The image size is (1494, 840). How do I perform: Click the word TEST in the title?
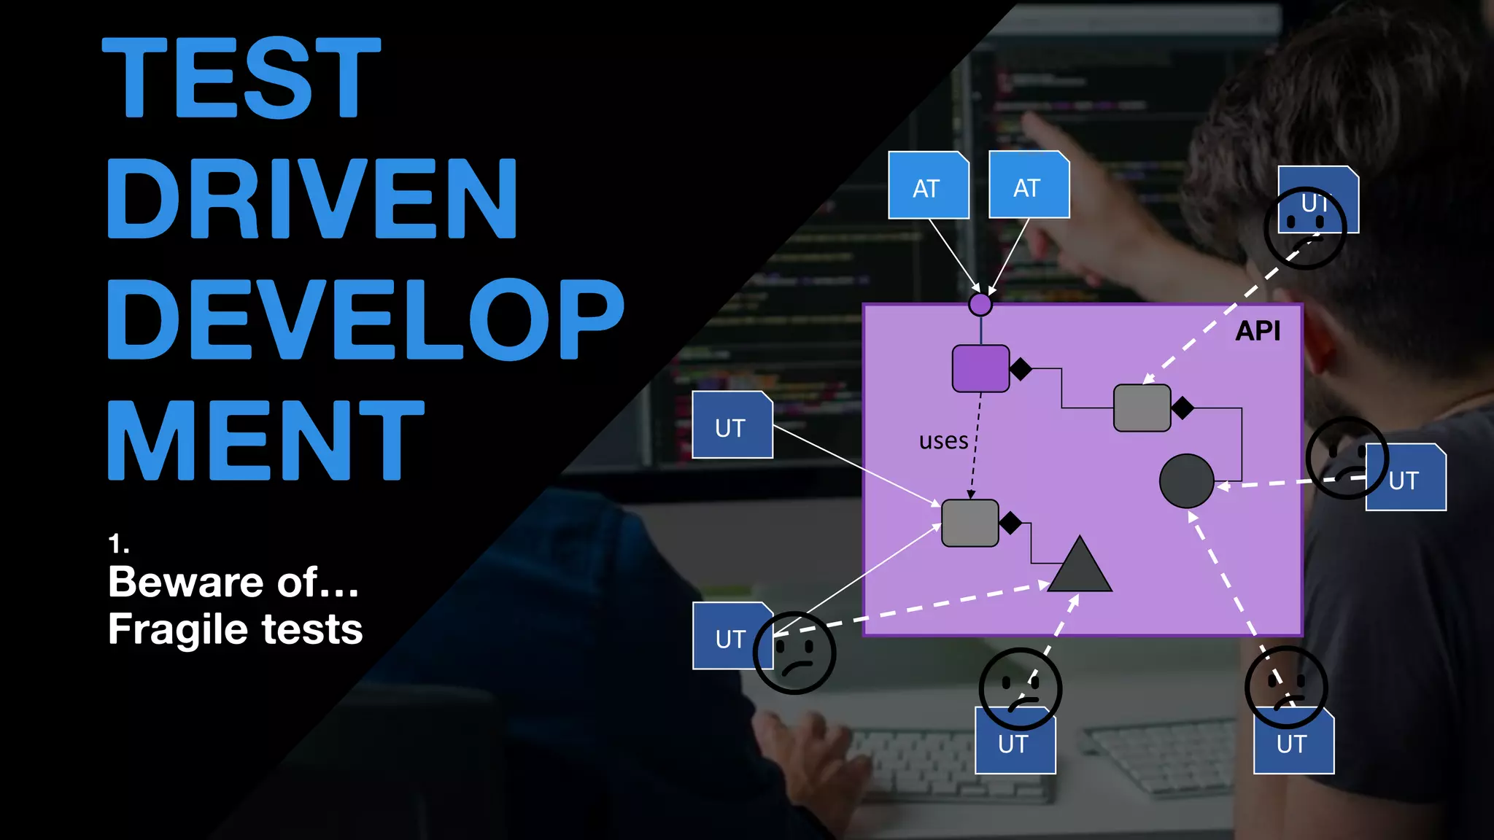tap(241, 77)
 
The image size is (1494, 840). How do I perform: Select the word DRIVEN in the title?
tap(312, 198)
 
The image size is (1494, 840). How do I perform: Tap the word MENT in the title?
tap(266, 440)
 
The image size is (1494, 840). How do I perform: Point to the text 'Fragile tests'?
tap(235, 629)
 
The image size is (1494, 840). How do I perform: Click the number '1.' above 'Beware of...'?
tap(119, 543)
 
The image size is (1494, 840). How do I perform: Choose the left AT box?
tap(928, 186)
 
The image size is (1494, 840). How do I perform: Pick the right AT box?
tap(1029, 185)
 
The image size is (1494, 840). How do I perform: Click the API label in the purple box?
tap(1258, 331)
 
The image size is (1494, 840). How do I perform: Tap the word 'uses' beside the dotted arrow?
tap(943, 441)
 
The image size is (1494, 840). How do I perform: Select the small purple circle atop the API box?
tap(980, 304)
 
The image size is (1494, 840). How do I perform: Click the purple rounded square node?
tap(980, 369)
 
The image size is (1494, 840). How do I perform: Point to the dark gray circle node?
tap(1186, 481)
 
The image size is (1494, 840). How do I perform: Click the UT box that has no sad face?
tap(732, 425)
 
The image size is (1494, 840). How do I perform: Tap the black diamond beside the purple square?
tap(1021, 369)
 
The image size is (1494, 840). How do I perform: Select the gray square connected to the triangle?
tap(969, 523)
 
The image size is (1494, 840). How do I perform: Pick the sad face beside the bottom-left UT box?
tap(794, 653)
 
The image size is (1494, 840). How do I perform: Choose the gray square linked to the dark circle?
tap(1142, 408)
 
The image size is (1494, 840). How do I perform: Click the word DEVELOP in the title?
tap(365, 319)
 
